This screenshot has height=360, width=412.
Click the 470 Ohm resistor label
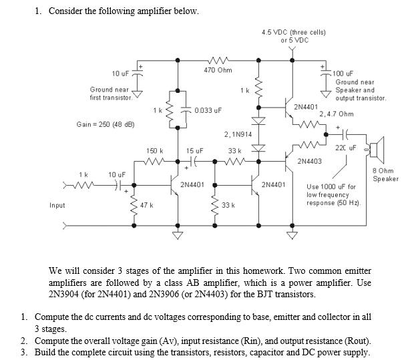point(218,69)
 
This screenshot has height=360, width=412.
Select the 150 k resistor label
point(154,152)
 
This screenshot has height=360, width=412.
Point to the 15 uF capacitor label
point(194,152)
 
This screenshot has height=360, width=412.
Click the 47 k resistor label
point(147,205)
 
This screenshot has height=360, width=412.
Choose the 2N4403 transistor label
point(308,161)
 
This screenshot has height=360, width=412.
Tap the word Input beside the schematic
point(57,205)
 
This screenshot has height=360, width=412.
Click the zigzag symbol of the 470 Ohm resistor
point(218,59)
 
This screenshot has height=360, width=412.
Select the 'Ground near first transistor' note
point(110,93)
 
